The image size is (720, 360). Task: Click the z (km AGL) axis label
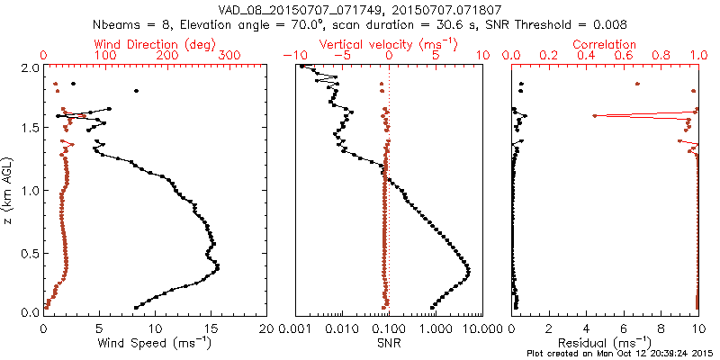pos(10,189)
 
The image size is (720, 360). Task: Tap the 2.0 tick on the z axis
pos(29,67)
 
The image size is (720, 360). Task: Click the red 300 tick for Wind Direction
pos(229,56)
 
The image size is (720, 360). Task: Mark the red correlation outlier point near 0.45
pos(595,116)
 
